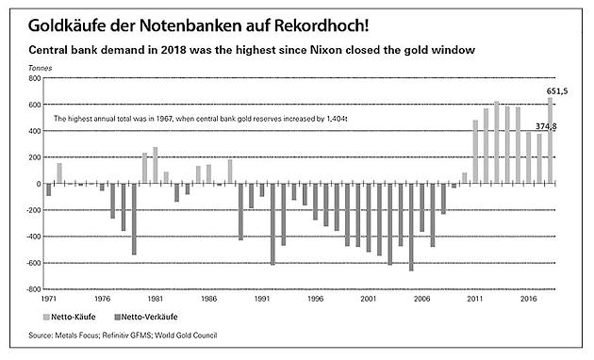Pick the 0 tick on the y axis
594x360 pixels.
[38, 184]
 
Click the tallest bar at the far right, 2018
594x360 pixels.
[551, 140]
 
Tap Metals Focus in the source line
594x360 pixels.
[72, 335]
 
